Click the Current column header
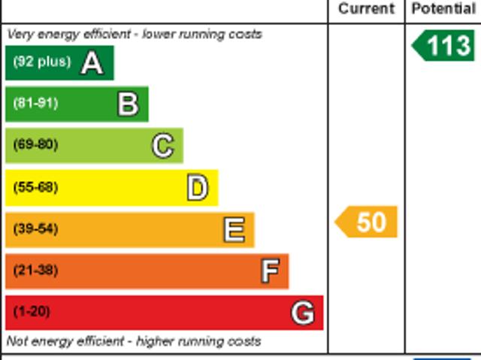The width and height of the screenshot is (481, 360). coord(366,8)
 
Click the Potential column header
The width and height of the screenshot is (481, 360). coord(443,8)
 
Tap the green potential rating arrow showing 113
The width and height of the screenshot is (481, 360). coord(443,46)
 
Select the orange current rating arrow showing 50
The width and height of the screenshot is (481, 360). coord(366,222)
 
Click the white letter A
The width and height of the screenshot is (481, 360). coord(92,63)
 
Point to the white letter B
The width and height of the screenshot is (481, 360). coord(128,104)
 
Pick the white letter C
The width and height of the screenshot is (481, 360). coord(163,146)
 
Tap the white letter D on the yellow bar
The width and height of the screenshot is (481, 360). coord(198,187)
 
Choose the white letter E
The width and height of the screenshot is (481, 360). coord(234,229)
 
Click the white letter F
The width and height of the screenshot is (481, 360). coord(271,271)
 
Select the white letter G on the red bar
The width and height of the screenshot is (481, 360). coord(303,313)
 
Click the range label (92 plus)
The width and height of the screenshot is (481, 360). coord(42,62)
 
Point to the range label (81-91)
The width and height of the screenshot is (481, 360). coord(35,103)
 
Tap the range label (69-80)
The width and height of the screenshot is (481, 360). coord(35,144)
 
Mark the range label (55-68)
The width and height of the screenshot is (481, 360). coord(35,187)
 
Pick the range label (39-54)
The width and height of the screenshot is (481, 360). coord(35,228)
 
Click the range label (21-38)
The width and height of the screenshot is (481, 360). coord(35,271)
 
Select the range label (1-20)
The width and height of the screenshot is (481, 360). coord(32,312)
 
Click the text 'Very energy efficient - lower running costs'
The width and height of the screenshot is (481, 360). coord(135,35)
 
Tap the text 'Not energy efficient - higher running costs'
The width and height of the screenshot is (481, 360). coord(134,341)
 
